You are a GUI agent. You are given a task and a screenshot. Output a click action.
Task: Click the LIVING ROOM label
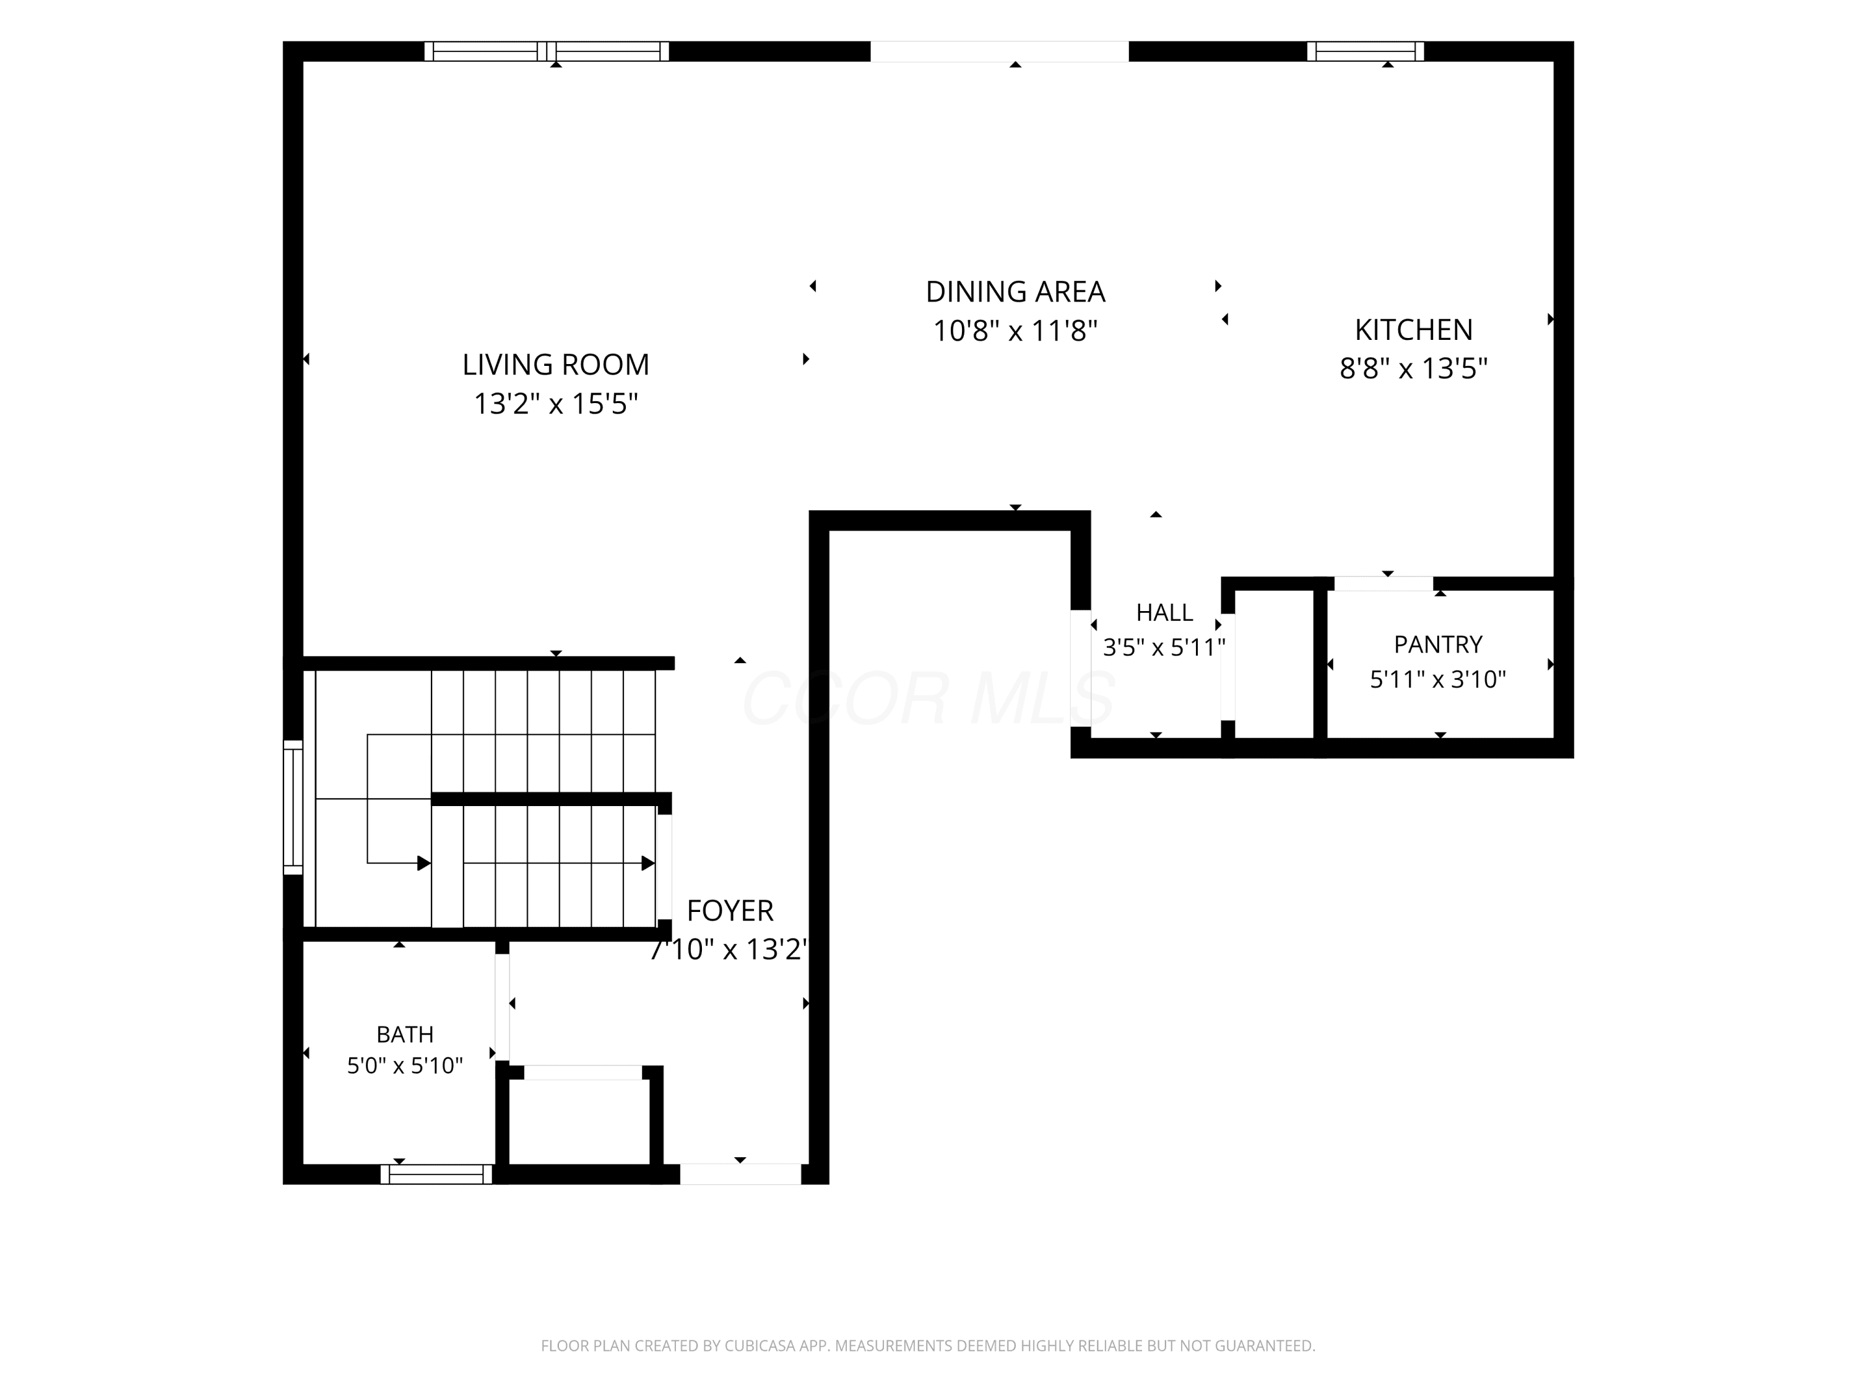click(x=556, y=365)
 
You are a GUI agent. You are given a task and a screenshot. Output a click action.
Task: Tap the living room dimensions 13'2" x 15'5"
click(x=556, y=404)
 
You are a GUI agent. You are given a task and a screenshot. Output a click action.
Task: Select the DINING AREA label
click(x=1015, y=292)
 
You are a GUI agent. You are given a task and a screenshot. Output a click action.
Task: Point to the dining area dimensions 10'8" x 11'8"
click(x=1015, y=331)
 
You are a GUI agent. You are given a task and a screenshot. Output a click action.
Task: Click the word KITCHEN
click(x=1414, y=330)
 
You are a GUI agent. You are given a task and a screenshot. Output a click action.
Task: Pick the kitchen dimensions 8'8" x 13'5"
click(x=1414, y=368)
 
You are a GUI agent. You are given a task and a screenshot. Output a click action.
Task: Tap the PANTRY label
click(x=1438, y=644)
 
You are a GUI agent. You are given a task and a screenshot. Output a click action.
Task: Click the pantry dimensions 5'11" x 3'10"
click(x=1438, y=679)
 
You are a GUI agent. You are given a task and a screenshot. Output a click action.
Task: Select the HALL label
click(x=1164, y=613)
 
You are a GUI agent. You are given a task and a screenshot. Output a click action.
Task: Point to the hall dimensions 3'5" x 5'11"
click(x=1164, y=648)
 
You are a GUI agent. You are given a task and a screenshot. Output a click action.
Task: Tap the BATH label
click(x=405, y=1034)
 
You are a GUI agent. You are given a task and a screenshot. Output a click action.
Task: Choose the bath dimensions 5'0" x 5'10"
click(x=405, y=1065)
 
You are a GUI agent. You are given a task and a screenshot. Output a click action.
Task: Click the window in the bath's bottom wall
click(x=436, y=1174)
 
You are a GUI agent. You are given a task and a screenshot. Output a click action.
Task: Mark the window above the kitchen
click(x=1366, y=51)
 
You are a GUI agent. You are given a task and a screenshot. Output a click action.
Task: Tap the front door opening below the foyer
click(x=740, y=1174)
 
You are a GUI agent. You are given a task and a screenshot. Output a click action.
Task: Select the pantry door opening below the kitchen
click(x=1383, y=584)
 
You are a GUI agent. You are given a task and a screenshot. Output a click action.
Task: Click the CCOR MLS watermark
click(x=928, y=698)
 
